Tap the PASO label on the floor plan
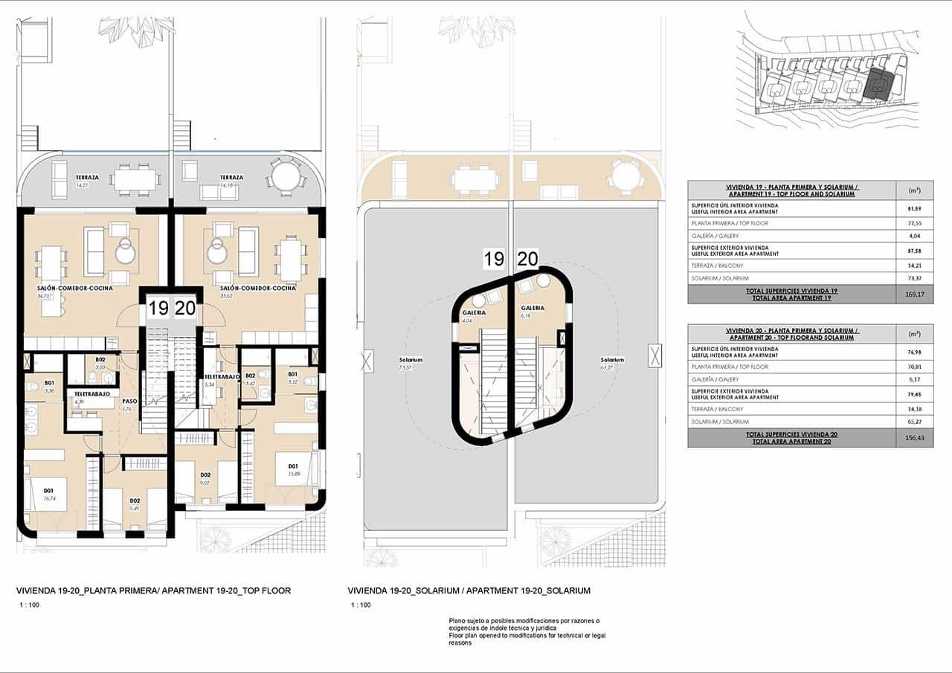(x=128, y=404)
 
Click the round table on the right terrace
(x=285, y=177)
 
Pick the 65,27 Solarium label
(x=612, y=364)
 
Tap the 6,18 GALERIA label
(x=532, y=312)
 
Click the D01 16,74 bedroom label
(x=49, y=495)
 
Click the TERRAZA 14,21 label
(x=87, y=181)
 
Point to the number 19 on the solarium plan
(x=494, y=259)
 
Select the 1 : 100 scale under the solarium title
(x=361, y=605)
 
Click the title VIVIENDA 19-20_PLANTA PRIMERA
(x=153, y=590)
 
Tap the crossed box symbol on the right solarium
(x=654, y=355)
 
